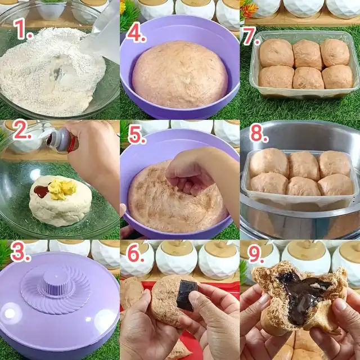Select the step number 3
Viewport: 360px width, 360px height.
click(20, 251)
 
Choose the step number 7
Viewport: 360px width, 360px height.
click(251, 36)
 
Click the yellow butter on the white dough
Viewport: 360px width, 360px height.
click(61, 190)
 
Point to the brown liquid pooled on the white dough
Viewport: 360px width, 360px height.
click(41, 191)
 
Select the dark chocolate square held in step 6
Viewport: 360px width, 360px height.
click(188, 295)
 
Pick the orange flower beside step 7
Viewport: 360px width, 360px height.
click(249, 10)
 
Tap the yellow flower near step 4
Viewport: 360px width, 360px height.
click(123, 6)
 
